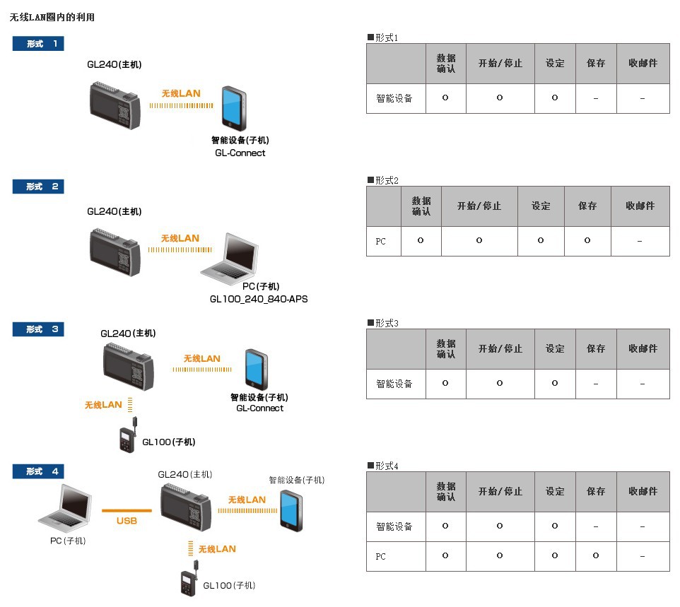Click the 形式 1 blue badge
coord(38,44)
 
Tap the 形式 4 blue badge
coord(38,471)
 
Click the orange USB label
coord(127,521)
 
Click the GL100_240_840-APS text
coord(259,299)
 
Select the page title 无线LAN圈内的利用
coord(52,17)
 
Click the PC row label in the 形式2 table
coord(381,242)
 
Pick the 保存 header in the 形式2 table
coord(587,206)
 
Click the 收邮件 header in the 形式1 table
coord(643,63)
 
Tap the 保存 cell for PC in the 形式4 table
coord(596,556)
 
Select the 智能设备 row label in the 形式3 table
coord(394,384)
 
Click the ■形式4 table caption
coord(383,466)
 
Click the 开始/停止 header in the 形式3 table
coord(500,349)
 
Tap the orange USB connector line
coord(127,510)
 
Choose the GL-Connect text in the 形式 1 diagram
coord(240,153)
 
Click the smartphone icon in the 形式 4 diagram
coord(289,509)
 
